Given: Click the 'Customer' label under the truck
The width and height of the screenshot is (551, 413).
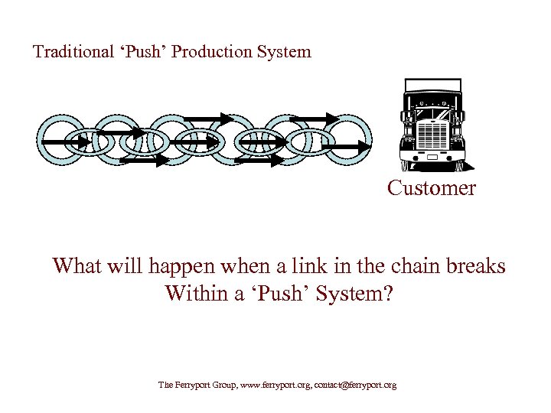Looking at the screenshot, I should [431, 188].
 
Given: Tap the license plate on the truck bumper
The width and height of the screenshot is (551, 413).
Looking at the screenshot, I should [434, 157].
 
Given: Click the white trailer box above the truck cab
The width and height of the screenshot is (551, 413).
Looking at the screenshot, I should [432, 84].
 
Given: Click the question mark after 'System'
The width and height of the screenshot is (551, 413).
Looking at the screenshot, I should [387, 294].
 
